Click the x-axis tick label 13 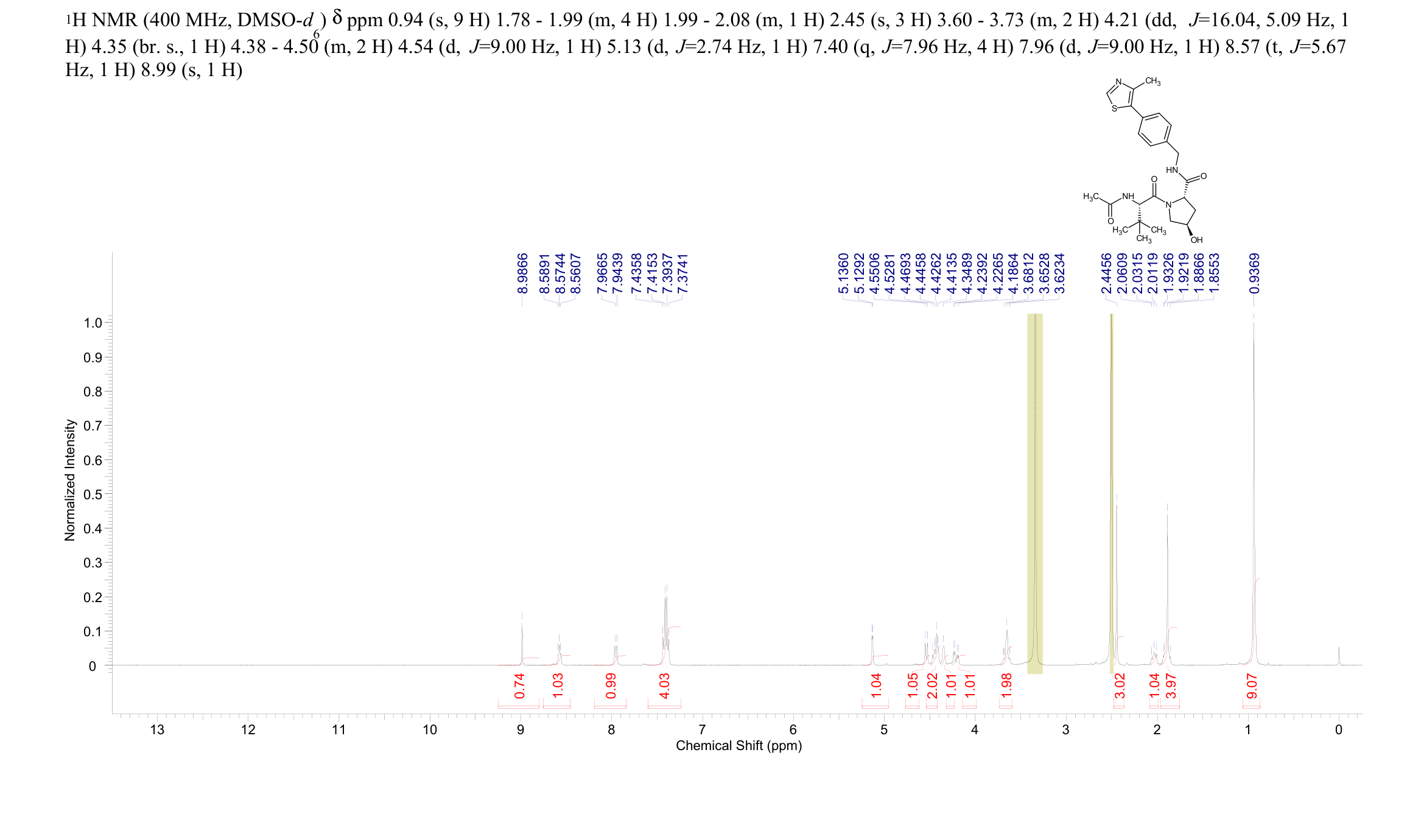coord(157,729)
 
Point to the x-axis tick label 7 coord(702,729)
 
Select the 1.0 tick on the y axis coord(93,323)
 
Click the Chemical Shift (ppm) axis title coord(738,746)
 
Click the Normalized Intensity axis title coord(70,480)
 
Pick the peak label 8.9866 coord(522,273)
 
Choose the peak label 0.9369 coord(1254,273)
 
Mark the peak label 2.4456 coord(1107,273)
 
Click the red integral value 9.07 coord(1252,686)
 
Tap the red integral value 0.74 coord(519,686)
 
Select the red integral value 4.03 coord(665,686)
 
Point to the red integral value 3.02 coord(1120,686)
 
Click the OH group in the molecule coord(1196,240)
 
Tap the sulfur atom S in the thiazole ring coord(1114,108)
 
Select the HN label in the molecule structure coord(1172,170)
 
